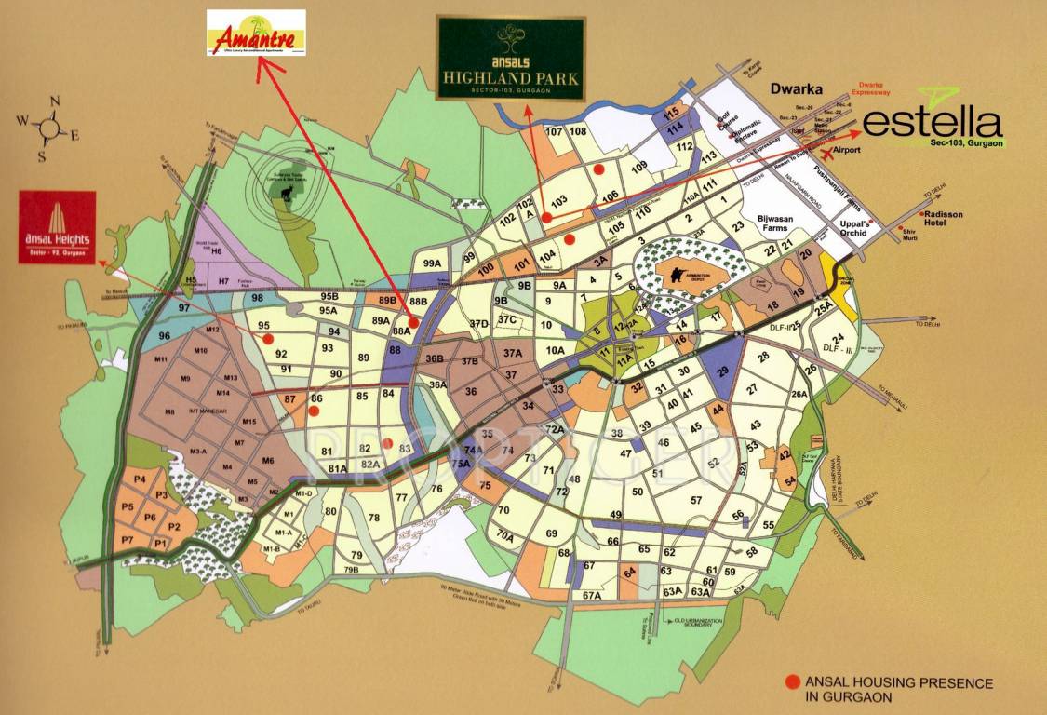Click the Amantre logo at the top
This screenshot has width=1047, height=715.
tap(256, 34)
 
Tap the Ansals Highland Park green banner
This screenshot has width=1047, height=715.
tap(511, 58)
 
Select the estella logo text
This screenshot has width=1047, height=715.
tap(933, 125)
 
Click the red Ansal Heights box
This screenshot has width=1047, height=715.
tap(57, 227)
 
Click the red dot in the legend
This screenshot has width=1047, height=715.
tap(791, 681)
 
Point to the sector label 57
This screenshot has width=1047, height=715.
tap(695, 500)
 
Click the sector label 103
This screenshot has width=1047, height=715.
tap(559, 201)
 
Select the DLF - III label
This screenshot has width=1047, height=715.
tap(839, 348)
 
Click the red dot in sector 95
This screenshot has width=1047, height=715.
tap(268, 339)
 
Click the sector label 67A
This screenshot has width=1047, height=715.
tap(593, 595)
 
